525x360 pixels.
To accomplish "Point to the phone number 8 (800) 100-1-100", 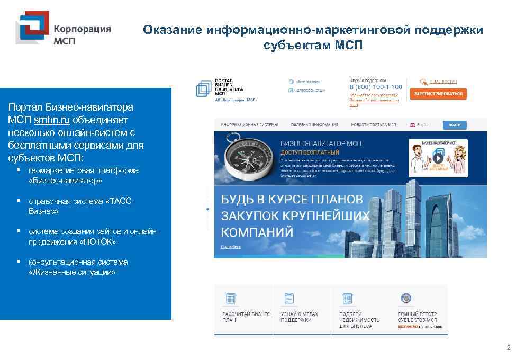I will (x=376, y=87).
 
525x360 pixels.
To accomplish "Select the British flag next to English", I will (x=411, y=125).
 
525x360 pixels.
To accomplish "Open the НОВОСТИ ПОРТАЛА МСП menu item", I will (x=373, y=125).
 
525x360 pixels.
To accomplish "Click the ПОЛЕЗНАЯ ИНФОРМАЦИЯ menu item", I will (x=314, y=125).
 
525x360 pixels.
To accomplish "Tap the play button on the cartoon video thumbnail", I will (x=438, y=157).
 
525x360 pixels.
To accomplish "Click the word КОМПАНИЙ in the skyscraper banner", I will (x=257, y=232).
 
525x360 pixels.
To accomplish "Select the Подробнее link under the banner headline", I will (x=231, y=247).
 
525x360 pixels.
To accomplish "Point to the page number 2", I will (x=509, y=348).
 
